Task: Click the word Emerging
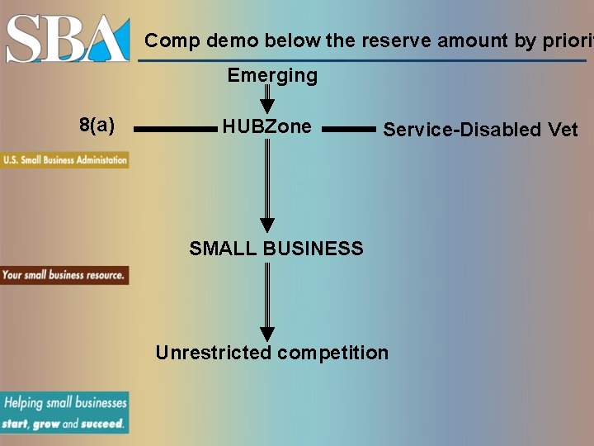point(272,76)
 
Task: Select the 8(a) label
point(97,126)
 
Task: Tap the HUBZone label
point(266,126)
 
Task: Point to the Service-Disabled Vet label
point(480,130)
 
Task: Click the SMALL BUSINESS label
point(276,249)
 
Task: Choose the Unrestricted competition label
point(271,353)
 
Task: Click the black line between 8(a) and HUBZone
point(175,129)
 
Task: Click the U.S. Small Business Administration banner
point(64,160)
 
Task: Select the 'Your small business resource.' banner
point(64,275)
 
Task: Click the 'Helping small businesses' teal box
point(64,412)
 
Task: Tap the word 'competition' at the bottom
point(332,353)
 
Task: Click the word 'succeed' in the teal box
point(103,424)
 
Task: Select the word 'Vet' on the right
point(563,130)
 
